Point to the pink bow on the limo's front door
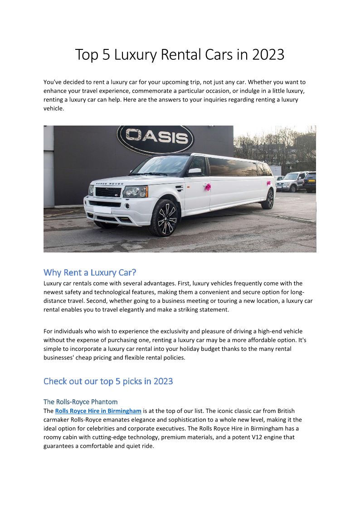(x=208, y=187)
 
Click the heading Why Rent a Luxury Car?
(x=90, y=272)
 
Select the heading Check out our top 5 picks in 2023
(x=108, y=381)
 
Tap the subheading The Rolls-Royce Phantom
(x=80, y=402)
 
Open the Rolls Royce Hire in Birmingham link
(x=98, y=411)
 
